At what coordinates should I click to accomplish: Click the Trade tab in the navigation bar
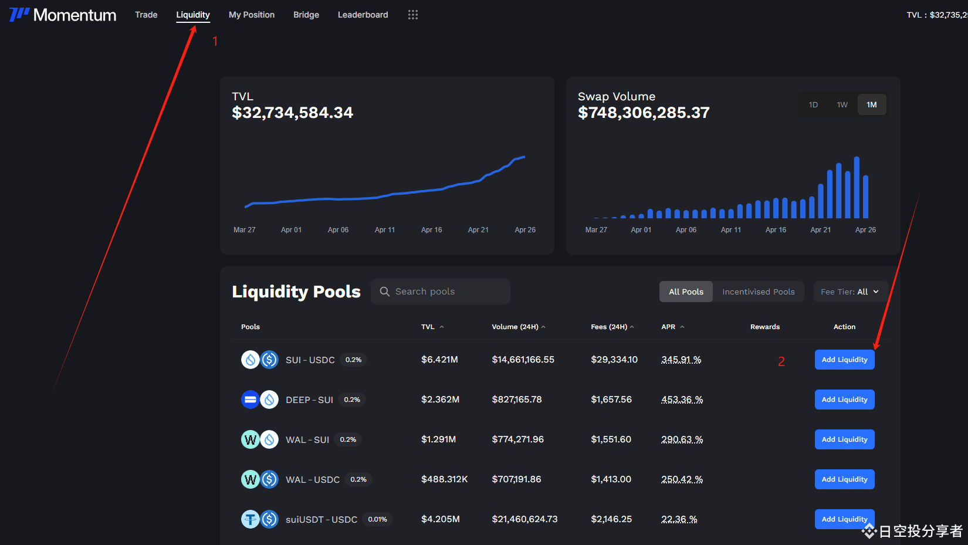tap(146, 15)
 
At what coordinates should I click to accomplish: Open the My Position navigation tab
tap(252, 15)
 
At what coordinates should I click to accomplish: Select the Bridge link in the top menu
tap(306, 15)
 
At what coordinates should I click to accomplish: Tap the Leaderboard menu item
tap(363, 15)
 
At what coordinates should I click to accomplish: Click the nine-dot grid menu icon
tap(412, 15)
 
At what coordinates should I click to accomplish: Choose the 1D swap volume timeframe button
tap(813, 104)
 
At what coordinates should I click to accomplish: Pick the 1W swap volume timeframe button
tap(842, 104)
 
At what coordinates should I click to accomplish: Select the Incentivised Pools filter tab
tap(758, 292)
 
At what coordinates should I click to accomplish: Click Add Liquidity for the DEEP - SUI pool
tap(844, 400)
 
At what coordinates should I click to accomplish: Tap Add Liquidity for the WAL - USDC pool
tap(844, 479)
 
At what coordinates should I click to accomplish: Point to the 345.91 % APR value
tap(681, 360)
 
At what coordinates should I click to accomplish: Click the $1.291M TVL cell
tap(438, 439)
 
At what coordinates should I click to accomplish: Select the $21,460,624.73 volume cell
tap(524, 519)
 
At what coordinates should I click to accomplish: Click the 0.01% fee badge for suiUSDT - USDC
tap(377, 519)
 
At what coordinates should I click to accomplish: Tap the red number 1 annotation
tap(215, 42)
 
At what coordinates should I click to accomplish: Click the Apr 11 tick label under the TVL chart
tap(385, 230)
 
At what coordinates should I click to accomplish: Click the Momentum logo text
tap(75, 15)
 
